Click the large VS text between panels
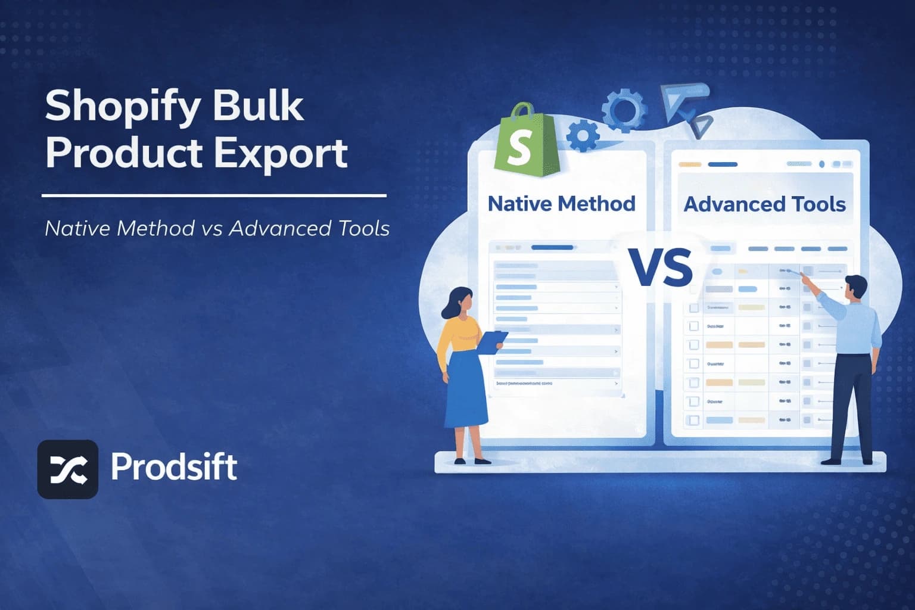click(661, 267)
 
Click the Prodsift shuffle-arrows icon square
click(68, 469)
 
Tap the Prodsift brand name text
click(174, 466)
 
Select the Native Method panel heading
click(561, 204)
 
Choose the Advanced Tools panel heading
click(764, 204)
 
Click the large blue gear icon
click(623, 110)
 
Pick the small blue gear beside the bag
click(583, 136)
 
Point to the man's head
click(855, 287)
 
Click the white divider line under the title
click(214, 195)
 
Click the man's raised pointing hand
click(805, 277)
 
